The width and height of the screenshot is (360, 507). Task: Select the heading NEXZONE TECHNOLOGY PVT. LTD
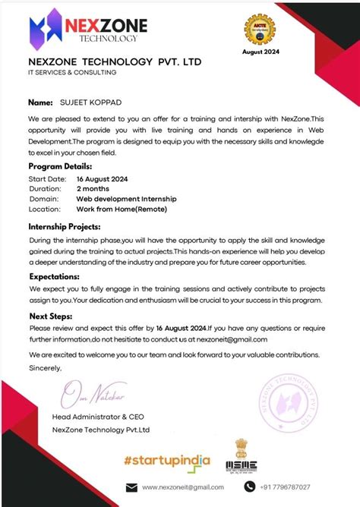click(115, 61)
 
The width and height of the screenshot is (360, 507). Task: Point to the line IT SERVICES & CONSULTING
click(73, 73)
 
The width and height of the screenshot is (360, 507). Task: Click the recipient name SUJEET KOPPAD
click(90, 102)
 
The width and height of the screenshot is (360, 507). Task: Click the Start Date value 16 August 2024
click(102, 178)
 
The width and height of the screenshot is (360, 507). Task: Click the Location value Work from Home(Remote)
click(121, 209)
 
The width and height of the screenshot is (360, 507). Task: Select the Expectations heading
click(55, 277)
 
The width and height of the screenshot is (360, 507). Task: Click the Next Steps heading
click(52, 316)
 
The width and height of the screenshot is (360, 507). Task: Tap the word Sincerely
click(46, 367)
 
